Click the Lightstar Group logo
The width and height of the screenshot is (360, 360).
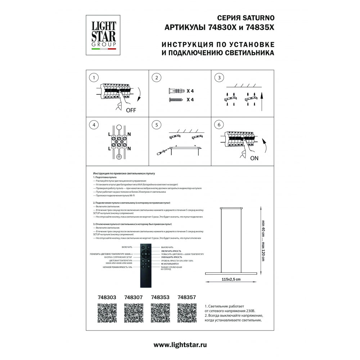click(104, 35)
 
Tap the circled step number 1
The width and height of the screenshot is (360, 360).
click(94, 78)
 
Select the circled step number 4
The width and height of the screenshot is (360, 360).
click(94, 125)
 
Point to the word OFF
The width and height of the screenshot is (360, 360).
click(131, 111)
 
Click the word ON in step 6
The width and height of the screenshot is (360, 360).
click(255, 158)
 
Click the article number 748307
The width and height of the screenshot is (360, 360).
click(133, 297)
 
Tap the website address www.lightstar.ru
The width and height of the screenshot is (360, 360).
click(180, 345)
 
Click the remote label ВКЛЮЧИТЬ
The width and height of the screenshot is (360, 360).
click(127, 247)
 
